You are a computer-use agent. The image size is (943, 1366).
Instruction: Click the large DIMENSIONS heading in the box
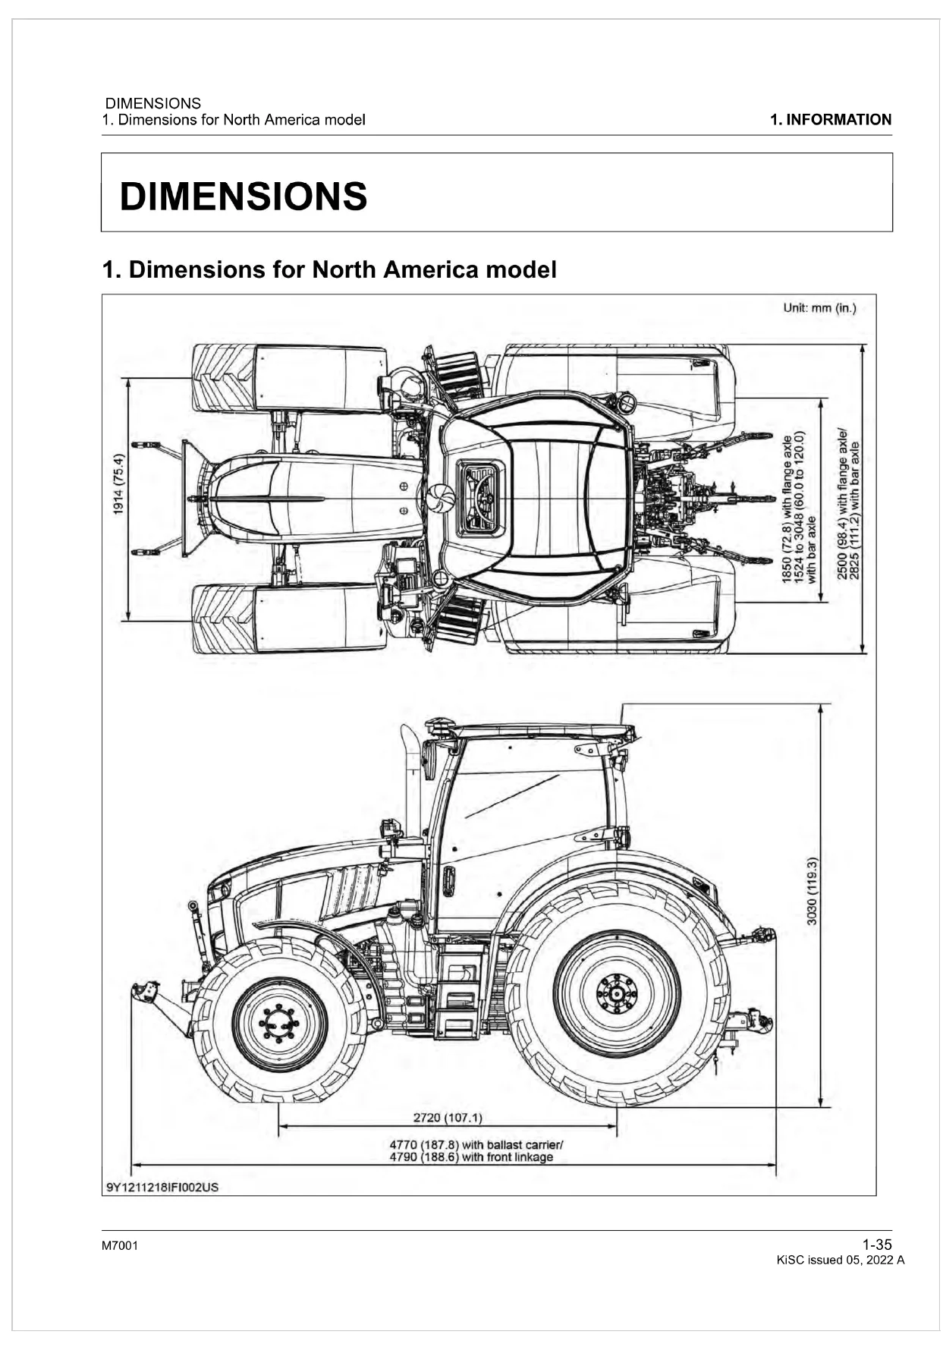pos(244,197)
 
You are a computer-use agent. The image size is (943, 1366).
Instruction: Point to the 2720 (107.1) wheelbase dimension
pos(448,1117)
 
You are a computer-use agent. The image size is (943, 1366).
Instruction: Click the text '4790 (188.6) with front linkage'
pos(471,1157)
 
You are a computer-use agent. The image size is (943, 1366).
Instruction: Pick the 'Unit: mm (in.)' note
pos(819,308)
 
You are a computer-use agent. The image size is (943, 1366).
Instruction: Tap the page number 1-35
pos(877,1245)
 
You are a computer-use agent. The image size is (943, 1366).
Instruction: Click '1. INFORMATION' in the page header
pos(831,120)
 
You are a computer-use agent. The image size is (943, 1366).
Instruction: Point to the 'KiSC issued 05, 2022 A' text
pos(841,1261)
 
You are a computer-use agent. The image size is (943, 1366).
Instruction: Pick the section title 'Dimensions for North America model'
pos(343,269)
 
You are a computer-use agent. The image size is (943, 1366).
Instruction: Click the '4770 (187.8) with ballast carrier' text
pos(476,1145)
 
